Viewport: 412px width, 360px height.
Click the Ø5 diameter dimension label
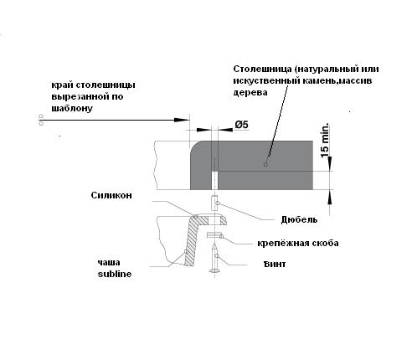[241, 125]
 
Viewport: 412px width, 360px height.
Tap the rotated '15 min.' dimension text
[325, 141]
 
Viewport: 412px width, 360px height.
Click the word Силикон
[111, 195]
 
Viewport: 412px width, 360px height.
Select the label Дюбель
[299, 219]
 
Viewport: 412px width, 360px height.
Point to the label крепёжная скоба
[298, 243]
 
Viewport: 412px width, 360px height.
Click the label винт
[275, 264]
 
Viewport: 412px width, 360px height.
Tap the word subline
[115, 274]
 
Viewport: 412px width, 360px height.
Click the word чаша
[109, 262]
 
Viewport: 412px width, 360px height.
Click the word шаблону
[72, 108]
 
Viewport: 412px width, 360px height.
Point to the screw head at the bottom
[214, 270]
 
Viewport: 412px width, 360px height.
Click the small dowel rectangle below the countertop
[214, 203]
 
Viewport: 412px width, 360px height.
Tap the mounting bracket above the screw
[214, 235]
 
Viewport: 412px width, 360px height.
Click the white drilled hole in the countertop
[214, 181]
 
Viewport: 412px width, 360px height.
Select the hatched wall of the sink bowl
[192, 241]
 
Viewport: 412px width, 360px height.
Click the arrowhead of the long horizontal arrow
[182, 120]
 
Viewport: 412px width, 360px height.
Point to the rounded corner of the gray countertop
[195, 147]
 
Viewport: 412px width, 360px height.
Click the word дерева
[250, 92]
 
